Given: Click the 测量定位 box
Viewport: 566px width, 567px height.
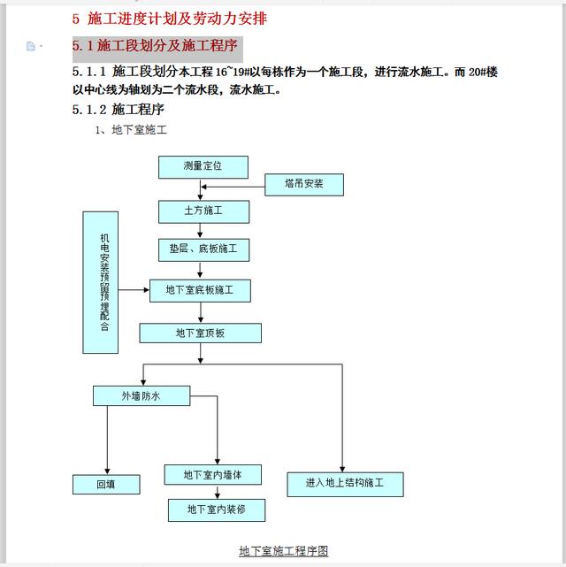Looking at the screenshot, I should (x=203, y=166).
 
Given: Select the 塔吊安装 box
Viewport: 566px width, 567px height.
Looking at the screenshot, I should (x=304, y=185).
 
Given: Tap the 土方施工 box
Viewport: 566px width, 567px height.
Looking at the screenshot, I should (x=203, y=211).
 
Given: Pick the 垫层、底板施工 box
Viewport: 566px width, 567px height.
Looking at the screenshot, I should (x=203, y=249).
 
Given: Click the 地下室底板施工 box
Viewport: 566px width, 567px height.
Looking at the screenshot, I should (x=200, y=290).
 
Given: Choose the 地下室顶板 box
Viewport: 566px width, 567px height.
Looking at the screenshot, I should (x=200, y=333).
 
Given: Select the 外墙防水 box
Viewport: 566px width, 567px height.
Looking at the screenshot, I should (x=141, y=395).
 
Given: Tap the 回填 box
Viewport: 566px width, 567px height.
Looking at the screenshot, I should (x=106, y=484).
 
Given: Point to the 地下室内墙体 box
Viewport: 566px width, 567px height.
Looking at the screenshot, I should (x=214, y=475).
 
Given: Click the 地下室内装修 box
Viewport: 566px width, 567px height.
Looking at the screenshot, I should (x=217, y=510).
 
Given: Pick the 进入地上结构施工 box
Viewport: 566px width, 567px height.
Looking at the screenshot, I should (x=345, y=484).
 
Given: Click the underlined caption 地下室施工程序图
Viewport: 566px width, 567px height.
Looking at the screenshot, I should (x=283, y=551).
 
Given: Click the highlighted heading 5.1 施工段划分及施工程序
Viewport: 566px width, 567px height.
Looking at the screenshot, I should (x=156, y=45).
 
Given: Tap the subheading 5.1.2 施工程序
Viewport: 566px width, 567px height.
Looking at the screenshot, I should (x=119, y=110).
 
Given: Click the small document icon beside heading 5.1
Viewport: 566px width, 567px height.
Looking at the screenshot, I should (x=31, y=46).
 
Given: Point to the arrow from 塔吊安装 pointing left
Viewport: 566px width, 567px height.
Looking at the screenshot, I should (x=233, y=185).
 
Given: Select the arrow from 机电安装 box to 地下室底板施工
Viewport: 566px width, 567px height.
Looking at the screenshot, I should (x=133, y=290).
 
